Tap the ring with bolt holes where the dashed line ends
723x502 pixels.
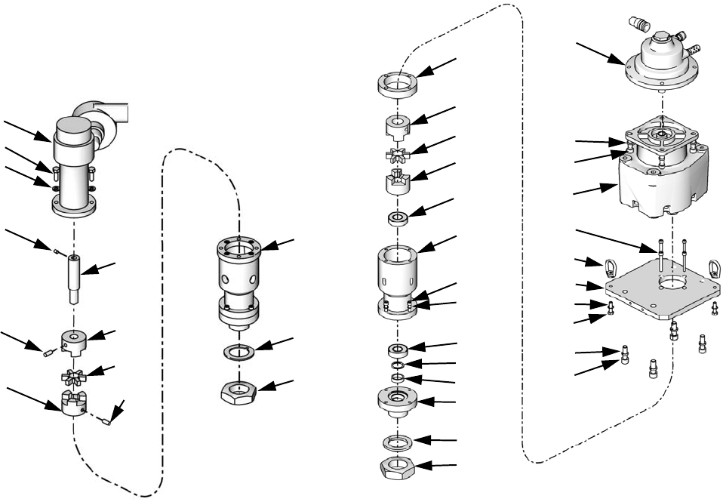click(397, 82)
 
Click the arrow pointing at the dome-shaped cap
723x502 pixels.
click(599, 54)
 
